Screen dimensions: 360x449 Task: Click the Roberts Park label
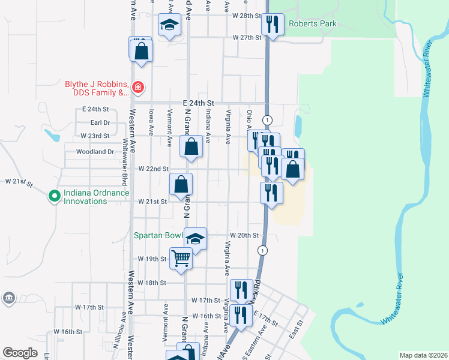pos(313,24)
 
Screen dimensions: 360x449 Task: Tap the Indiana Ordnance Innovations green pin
pos(53,196)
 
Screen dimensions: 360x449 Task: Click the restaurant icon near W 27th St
pos(273,25)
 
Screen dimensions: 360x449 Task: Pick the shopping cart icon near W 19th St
pos(181,259)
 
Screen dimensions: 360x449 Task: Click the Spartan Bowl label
pos(158,236)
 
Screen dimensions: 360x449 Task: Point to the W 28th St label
pos(248,16)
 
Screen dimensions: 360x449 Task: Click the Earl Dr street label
pos(100,122)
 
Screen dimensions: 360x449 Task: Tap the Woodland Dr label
pos(95,152)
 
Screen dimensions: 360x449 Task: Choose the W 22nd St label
pos(154,169)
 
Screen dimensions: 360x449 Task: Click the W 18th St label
pos(151,282)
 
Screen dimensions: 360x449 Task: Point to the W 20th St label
pos(244,236)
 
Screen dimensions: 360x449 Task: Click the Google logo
pos(20,353)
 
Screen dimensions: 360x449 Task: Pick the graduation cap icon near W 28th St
pos(169,25)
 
